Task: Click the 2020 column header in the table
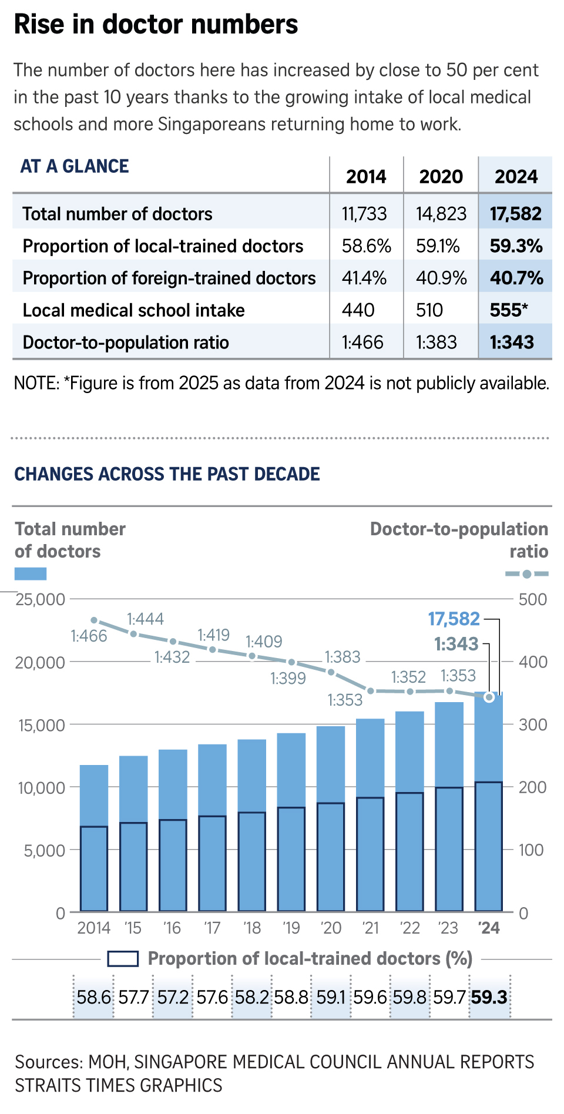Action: [441, 176]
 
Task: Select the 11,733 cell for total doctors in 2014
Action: [364, 214]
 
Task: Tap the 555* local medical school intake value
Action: [509, 310]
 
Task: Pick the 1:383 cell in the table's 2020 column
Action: [437, 343]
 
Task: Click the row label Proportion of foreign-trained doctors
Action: [169, 278]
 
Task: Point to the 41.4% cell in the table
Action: [364, 278]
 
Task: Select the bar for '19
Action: [291, 823]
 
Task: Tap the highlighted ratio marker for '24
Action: [489, 697]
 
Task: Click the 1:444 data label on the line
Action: [145, 619]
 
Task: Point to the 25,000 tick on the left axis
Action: [40, 600]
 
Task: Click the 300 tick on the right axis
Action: [533, 725]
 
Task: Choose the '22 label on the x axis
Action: [410, 928]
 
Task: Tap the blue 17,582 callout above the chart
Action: [454, 619]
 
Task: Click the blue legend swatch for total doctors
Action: [30, 574]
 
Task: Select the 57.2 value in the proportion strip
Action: [173, 998]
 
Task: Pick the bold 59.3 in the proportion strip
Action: [489, 998]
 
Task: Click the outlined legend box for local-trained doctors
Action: [123, 959]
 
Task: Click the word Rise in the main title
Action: [37, 25]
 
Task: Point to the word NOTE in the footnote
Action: [35, 384]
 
